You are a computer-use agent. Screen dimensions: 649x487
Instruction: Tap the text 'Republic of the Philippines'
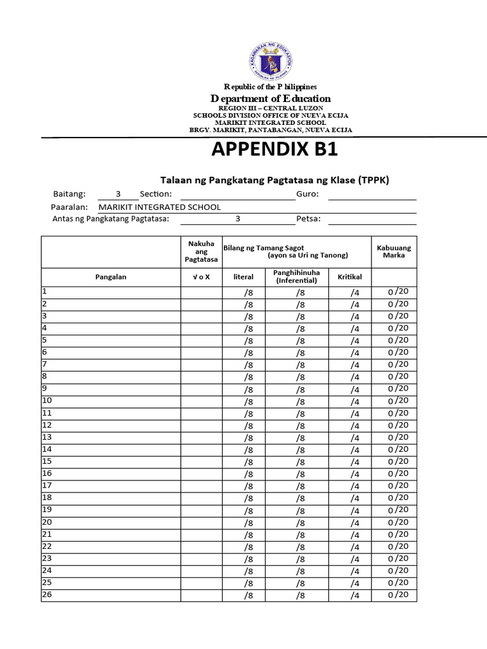(x=270, y=86)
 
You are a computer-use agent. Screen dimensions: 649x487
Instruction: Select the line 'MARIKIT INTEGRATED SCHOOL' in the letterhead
(x=270, y=122)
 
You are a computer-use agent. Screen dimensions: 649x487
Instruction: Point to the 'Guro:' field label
(x=308, y=194)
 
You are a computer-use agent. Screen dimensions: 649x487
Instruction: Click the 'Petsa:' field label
(x=308, y=219)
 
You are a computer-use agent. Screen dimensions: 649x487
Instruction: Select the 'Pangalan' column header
(x=111, y=277)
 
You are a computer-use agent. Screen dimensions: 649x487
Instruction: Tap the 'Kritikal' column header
(x=349, y=277)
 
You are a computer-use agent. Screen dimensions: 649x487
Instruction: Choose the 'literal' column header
(x=243, y=277)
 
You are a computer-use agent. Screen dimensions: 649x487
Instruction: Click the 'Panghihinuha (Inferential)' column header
(x=296, y=276)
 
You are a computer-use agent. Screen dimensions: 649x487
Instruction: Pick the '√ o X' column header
(x=201, y=277)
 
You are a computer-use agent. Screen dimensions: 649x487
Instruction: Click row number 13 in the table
(x=47, y=437)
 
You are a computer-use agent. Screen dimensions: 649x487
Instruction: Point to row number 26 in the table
(x=47, y=594)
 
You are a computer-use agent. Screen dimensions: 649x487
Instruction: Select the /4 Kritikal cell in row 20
(x=354, y=523)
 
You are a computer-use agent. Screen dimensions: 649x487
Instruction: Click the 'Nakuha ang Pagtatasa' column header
(x=201, y=252)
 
